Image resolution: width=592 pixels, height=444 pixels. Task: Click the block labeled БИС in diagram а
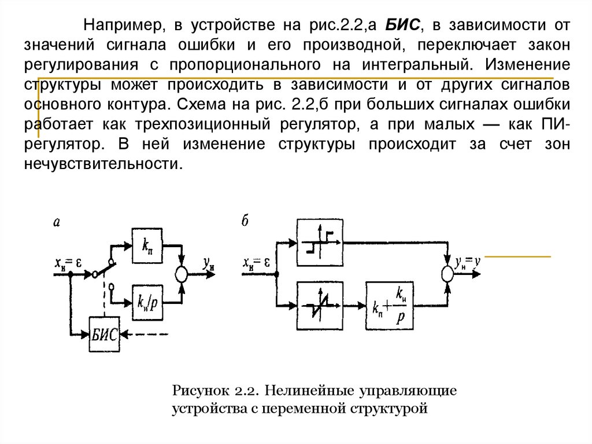[105, 334]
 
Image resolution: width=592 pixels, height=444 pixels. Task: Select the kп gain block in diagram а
[147, 245]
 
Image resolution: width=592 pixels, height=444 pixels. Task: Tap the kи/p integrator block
[147, 300]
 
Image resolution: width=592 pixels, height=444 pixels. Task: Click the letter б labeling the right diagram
[246, 221]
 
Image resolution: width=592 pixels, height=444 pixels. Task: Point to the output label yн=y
[468, 262]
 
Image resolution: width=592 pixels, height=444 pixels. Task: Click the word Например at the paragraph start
[118, 25]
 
